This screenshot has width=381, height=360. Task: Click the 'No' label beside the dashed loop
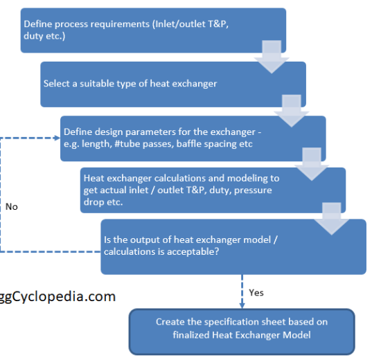[x=11, y=206]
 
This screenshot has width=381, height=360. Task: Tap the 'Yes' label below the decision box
[x=256, y=293]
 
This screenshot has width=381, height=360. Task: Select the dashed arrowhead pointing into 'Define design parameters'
[x=57, y=138]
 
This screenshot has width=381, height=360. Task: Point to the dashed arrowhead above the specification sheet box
[x=242, y=305]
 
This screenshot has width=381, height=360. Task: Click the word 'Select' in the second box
[x=57, y=84]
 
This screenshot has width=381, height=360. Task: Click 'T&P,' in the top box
[x=218, y=24]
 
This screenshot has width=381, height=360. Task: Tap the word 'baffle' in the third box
[x=189, y=144]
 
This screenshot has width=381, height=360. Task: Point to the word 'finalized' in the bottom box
[x=191, y=335]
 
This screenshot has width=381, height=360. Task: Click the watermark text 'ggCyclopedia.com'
[x=57, y=296]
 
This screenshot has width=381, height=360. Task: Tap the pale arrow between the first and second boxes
[x=272, y=57]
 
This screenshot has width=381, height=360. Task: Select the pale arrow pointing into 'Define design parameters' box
[x=292, y=111]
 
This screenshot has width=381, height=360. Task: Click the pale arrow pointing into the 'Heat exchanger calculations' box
[x=312, y=164]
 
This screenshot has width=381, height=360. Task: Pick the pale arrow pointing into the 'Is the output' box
[x=332, y=219]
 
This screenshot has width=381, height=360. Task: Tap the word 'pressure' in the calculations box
[x=253, y=190]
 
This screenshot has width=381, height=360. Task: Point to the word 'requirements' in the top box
[x=102, y=24]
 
